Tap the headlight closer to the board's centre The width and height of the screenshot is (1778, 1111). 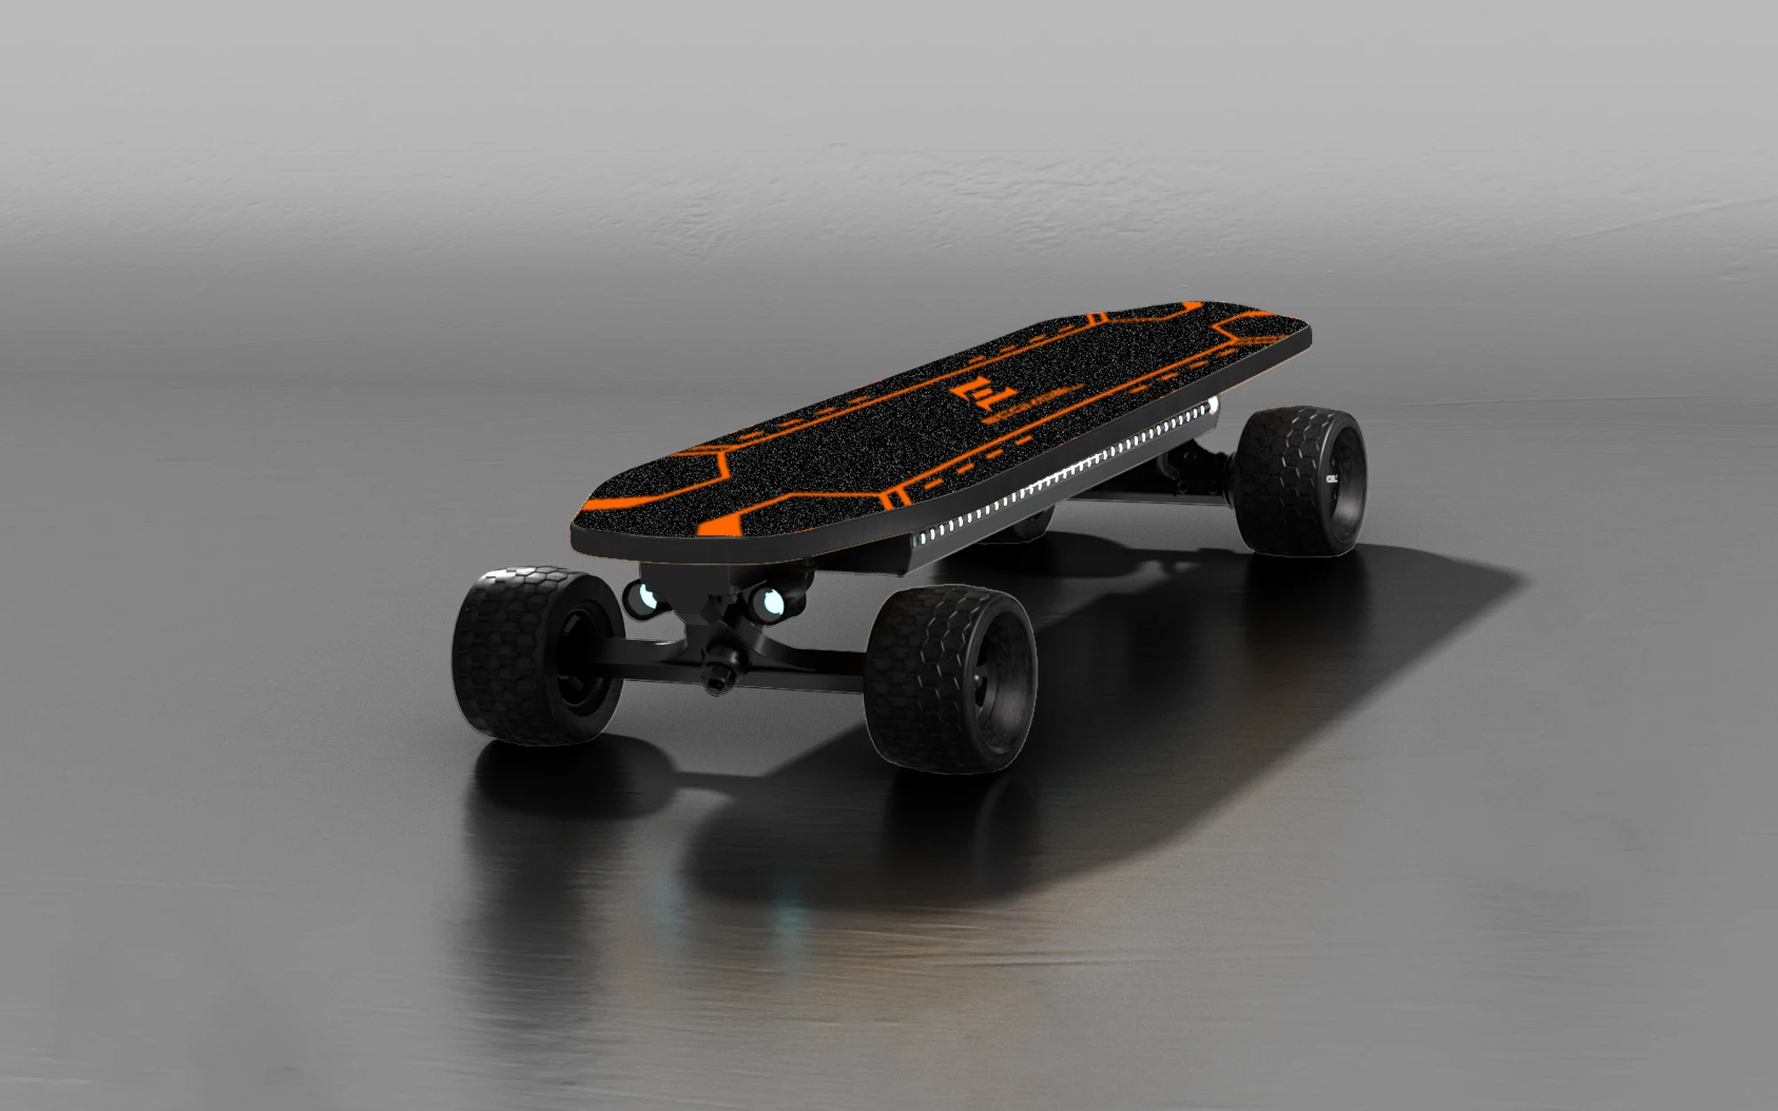tap(769, 603)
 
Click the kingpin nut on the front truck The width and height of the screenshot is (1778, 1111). tap(719, 662)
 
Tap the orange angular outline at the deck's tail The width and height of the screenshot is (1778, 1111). tap(1245, 334)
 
